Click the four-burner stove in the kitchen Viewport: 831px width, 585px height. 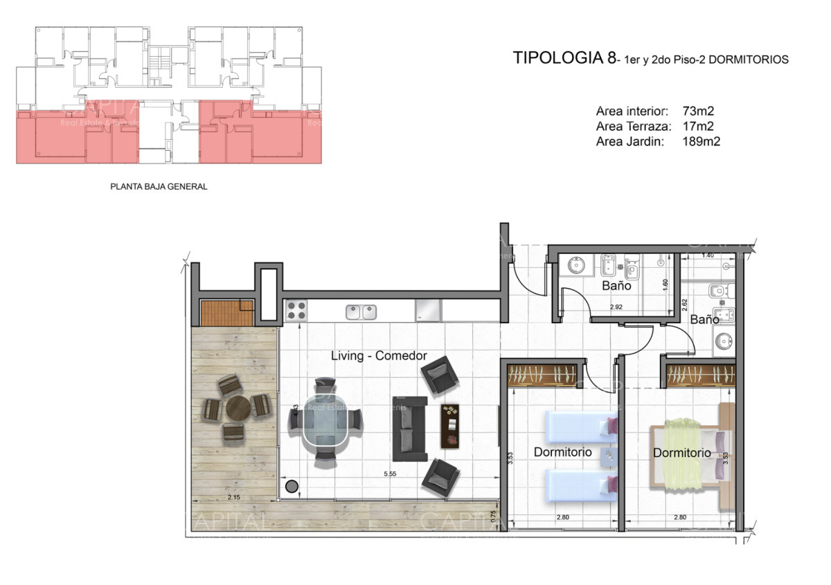click(x=296, y=310)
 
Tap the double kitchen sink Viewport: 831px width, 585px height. click(x=361, y=312)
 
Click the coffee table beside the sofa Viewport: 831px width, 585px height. click(x=451, y=425)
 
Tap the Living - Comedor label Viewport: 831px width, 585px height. click(x=379, y=356)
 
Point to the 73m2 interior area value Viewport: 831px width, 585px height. click(x=699, y=111)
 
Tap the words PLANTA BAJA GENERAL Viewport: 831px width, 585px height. click(x=159, y=186)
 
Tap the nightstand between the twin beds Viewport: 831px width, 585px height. click(x=609, y=456)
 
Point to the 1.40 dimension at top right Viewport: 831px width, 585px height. click(x=707, y=255)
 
